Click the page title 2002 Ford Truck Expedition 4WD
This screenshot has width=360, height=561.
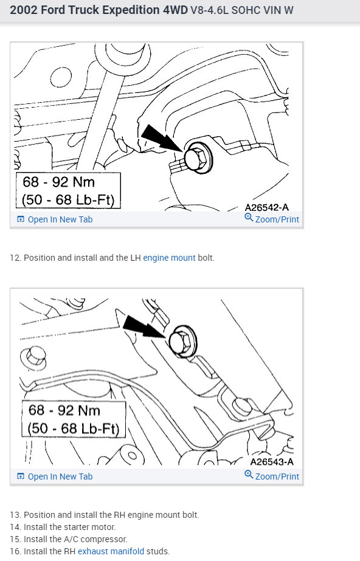tap(99, 10)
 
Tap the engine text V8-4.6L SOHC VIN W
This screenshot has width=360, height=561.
tap(241, 10)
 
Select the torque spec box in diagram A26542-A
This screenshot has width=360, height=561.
tap(68, 190)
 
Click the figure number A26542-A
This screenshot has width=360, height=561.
tap(266, 207)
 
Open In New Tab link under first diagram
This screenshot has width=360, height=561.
tap(55, 219)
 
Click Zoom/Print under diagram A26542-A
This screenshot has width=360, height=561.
tap(272, 219)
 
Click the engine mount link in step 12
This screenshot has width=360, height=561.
tap(169, 258)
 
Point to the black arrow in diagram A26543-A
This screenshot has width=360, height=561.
tap(144, 326)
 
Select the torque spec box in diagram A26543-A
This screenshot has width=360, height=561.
tap(74, 419)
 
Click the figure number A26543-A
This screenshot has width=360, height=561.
tap(272, 462)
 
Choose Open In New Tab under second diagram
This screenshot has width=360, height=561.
tap(55, 477)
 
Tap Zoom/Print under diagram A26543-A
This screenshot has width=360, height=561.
tap(272, 476)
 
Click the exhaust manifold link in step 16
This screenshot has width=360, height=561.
tap(111, 551)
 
